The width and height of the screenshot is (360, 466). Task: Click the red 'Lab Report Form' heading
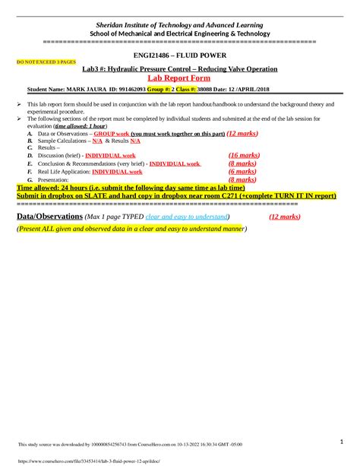179,78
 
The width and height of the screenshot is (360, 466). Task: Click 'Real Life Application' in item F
63,172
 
